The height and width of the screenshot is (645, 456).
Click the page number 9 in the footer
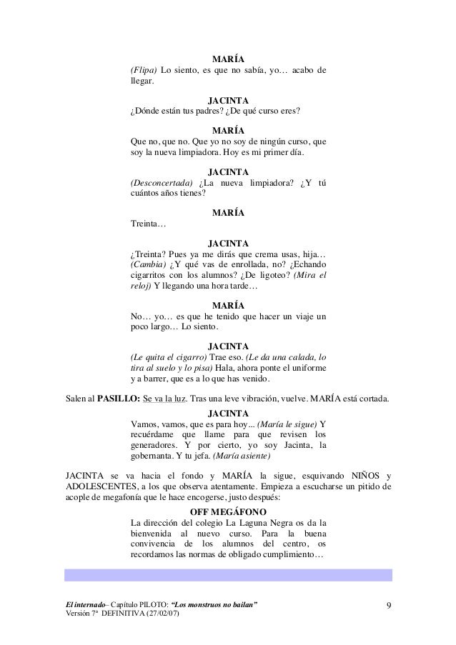tap(388, 606)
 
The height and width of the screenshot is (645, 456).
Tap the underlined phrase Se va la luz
tap(169, 399)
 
